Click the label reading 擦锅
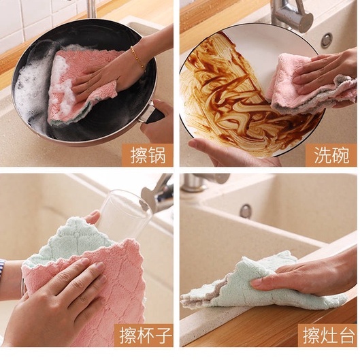[148, 155]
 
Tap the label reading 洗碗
[331, 155]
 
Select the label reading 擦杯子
[146, 336]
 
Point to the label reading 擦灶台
[329, 336]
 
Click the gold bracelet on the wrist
[138, 59]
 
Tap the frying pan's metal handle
[149, 114]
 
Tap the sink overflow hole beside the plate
[327, 40]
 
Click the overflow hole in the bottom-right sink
[246, 210]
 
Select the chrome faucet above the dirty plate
[291, 15]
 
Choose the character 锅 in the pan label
[157, 155]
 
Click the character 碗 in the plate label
[341, 155]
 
